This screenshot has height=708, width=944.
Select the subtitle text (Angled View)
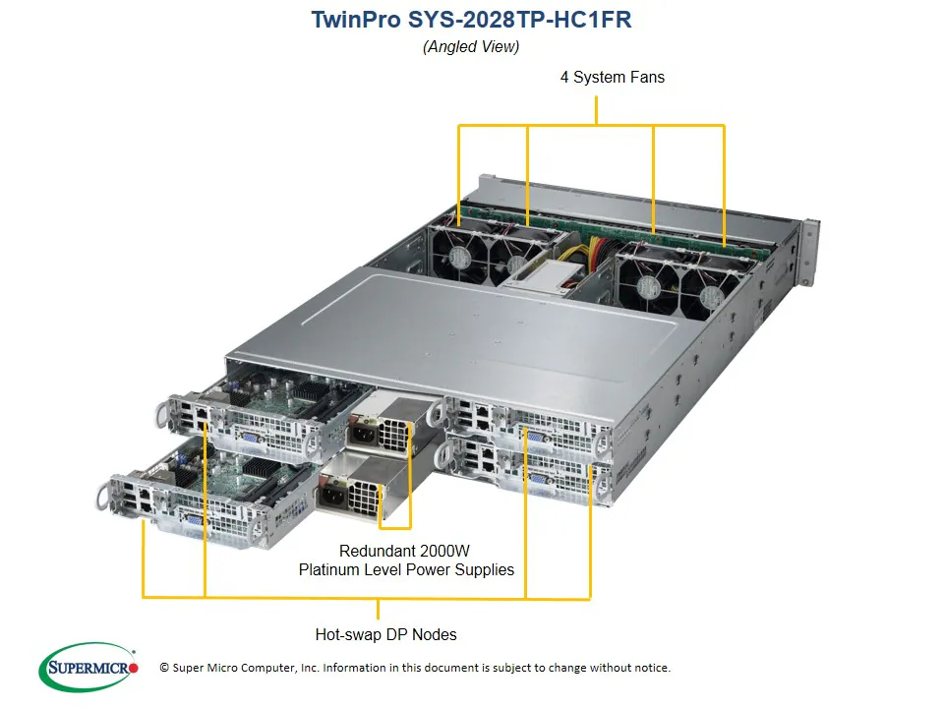pos(471,46)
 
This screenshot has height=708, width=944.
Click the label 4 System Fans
pos(612,77)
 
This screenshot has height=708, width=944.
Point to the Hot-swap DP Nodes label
pos(385,634)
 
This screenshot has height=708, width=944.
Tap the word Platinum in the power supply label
pos(334,569)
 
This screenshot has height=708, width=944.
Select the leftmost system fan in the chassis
pos(460,256)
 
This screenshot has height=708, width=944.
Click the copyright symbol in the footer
pos(164,668)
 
